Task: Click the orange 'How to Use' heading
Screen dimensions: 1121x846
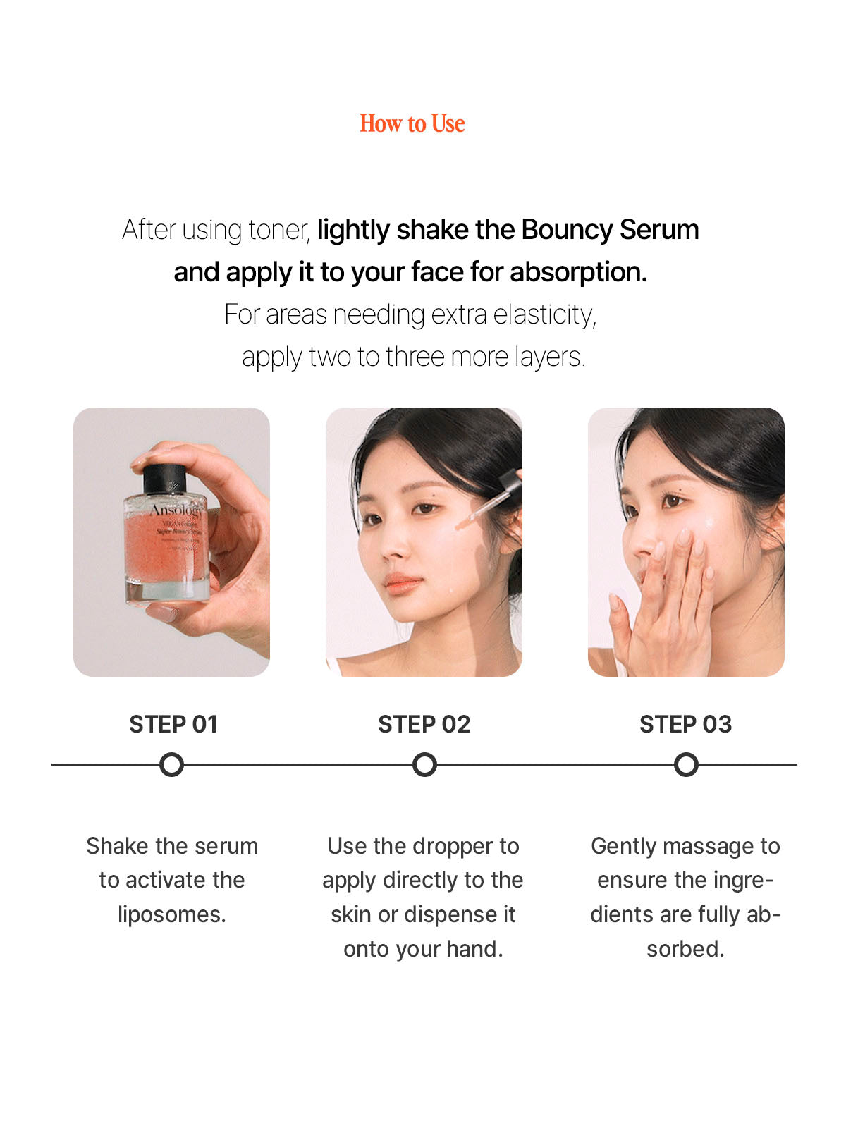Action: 412,123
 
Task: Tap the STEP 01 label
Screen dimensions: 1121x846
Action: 173,724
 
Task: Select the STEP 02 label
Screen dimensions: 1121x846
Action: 424,724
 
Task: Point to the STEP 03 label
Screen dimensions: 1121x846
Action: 685,724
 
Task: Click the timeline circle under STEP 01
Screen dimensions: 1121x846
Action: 171,764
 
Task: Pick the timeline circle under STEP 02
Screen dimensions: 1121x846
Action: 424,764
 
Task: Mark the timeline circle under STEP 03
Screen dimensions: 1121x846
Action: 686,764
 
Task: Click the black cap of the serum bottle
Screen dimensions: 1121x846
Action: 164,479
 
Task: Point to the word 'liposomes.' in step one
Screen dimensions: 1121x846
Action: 172,914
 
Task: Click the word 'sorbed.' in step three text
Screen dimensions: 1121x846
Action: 685,949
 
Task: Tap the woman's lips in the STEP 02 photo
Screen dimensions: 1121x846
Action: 405,583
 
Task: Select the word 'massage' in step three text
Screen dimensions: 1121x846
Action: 708,846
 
